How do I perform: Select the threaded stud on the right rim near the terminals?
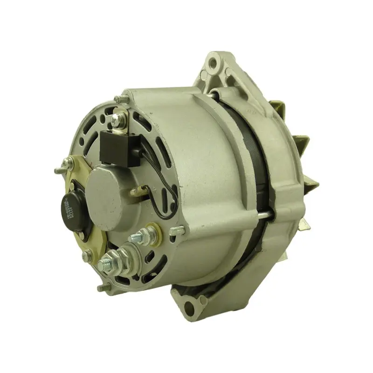pyautogui.click(x=177, y=229)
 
